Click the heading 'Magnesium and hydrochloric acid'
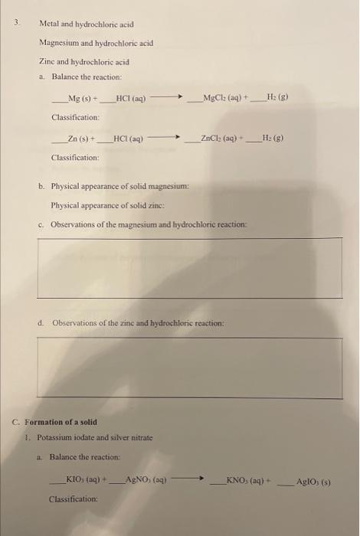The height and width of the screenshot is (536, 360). coord(97,43)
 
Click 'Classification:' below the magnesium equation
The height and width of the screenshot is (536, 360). coord(75,117)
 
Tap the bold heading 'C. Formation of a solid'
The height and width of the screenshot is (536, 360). coord(61,422)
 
